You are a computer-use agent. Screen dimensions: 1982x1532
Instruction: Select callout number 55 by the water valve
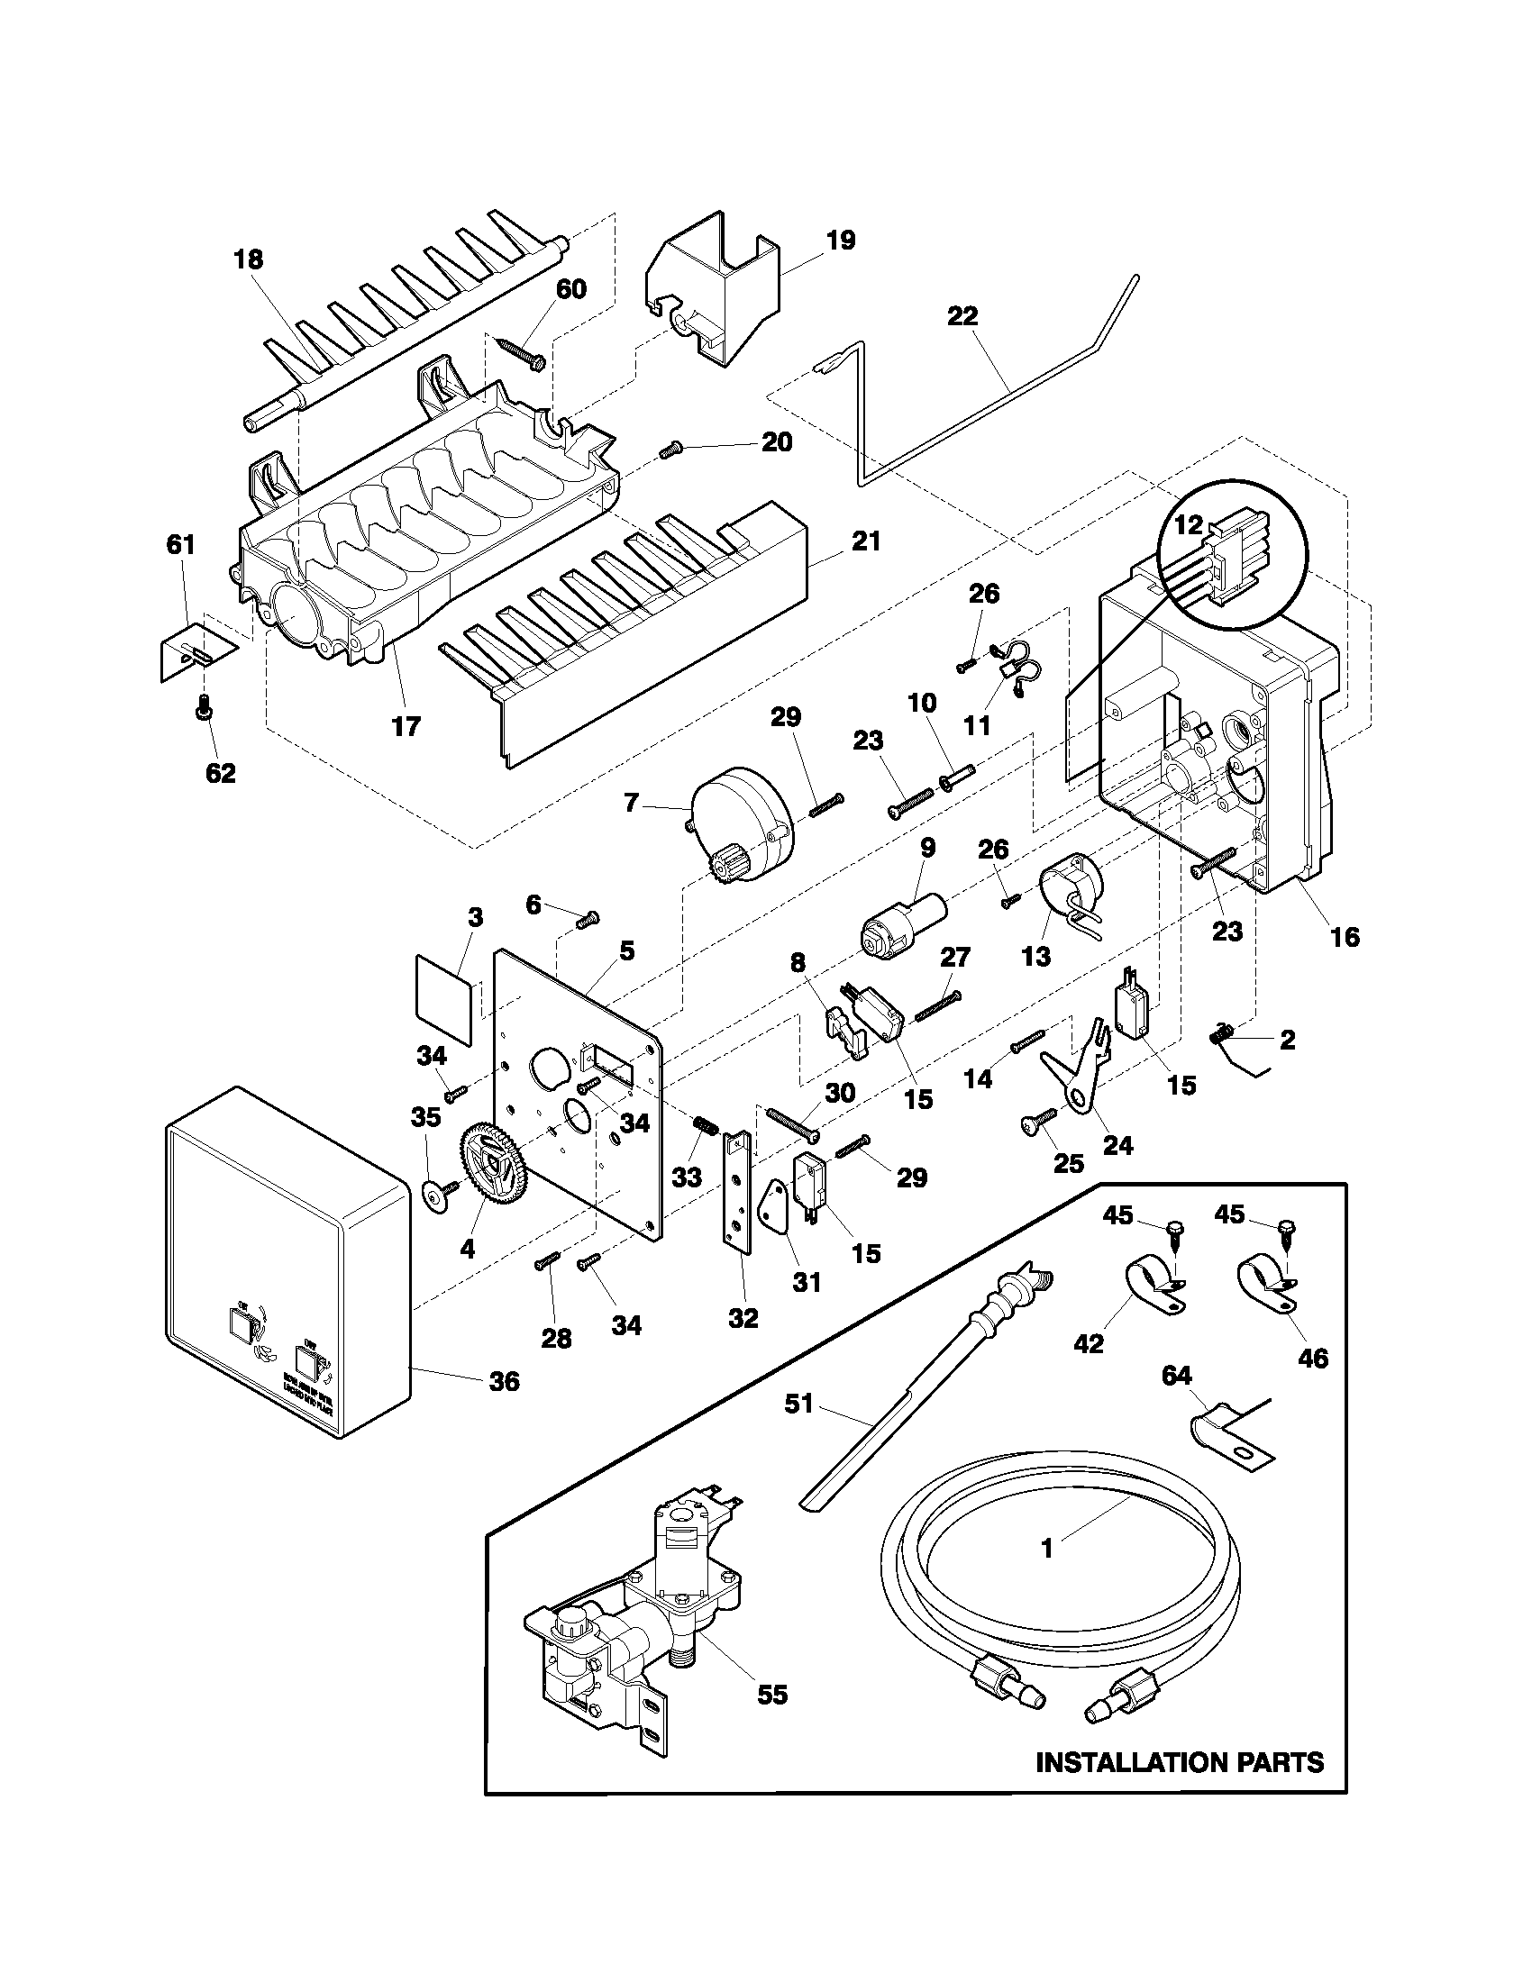point(772,1695)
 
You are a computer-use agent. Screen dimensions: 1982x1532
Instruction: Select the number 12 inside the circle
point(1188,524)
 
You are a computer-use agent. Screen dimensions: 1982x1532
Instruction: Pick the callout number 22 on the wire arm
point(962,316)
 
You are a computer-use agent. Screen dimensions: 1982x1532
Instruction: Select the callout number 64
point(1176,1377)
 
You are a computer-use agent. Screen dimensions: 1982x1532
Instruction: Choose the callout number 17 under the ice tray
point(406,726)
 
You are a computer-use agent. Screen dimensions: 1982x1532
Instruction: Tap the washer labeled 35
point(437,1198)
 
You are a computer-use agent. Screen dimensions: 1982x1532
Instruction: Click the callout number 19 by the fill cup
point(841,241)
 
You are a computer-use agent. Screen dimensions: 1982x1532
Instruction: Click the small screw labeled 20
point(670,450)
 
